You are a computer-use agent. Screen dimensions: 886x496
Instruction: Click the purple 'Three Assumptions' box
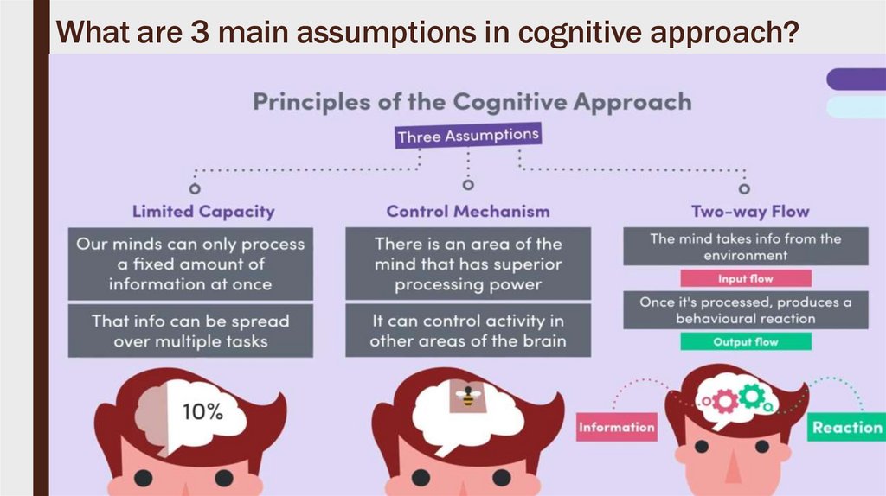(468, 136)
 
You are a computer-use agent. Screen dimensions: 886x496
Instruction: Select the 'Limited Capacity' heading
(203, 211)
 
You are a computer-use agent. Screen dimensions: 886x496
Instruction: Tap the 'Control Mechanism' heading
(468, 211)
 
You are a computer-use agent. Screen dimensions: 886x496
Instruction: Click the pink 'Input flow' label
(745, 278)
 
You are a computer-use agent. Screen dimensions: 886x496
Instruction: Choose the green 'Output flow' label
(745, 341)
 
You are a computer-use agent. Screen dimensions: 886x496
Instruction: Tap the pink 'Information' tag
(617, 427)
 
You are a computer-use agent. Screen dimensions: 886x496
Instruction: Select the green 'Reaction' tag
(846, 427)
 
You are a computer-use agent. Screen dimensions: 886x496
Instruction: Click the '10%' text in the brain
(202, 412)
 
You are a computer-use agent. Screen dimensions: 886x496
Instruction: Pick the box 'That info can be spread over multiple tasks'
(191, 331)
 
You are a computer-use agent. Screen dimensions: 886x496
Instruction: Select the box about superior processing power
(468, 264)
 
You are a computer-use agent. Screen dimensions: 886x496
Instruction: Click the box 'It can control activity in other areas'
(468, 330)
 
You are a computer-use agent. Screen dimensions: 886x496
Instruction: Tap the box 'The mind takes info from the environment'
(745, 247)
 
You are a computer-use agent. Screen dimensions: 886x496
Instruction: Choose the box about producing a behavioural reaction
(745, 310)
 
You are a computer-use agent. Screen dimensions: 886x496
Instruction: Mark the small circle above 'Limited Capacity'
(195, 187)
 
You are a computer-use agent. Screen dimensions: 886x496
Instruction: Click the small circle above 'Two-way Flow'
(744, 188)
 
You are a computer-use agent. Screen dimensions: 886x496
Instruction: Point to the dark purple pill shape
(857, 79)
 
